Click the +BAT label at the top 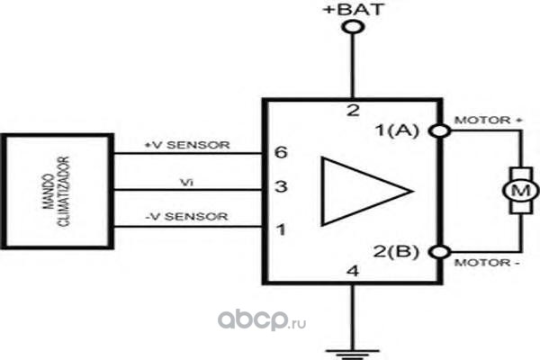(354, 9)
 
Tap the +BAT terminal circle (353, 26)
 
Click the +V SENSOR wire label (187, 145)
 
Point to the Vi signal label (186, 182)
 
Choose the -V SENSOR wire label (186, 216)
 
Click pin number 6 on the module (281, 152)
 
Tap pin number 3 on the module (281, 186)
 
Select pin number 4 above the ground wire (353, 271)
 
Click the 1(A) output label (398, 130)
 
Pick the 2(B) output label (396, 251)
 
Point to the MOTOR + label (489, 121)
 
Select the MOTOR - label (487, 263)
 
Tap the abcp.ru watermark (262, 320)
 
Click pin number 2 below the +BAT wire (353, 111)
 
